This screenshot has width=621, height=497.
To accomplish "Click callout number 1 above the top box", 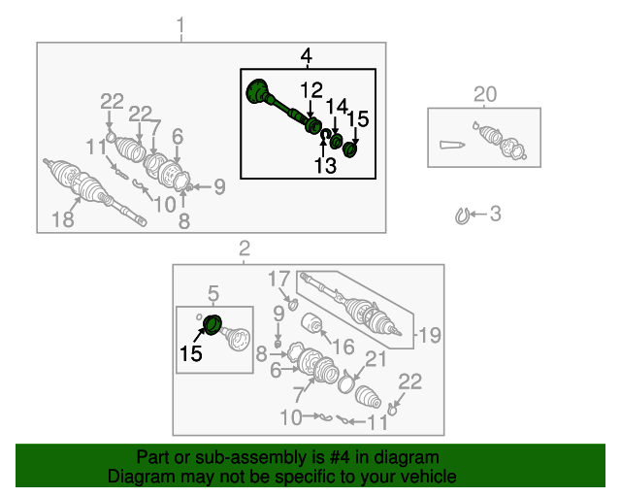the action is coord(180,25).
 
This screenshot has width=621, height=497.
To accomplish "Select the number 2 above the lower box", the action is coord(245,248).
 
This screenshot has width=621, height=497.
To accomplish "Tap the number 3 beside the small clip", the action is coord(496,214).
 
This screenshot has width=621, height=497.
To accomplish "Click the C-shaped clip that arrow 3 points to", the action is coord(462,216).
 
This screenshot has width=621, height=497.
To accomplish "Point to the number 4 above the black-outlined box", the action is coord(306,56).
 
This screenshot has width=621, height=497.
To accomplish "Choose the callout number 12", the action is coord(311,90).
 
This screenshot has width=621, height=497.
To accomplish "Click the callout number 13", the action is coord(325,165).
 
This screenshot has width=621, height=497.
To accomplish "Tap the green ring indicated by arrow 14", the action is coord(337,142).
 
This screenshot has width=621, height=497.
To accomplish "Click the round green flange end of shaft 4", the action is coord(256,91).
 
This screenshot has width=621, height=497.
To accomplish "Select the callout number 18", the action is coord(63,219).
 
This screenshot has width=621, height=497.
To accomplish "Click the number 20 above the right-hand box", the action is coord(485,95).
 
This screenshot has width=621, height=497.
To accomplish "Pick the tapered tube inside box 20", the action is coord(452,145).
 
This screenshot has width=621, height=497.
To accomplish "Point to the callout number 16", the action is coord(343,347).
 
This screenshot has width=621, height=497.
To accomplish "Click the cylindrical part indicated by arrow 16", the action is coord(313,324).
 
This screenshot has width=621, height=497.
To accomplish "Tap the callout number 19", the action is coord(429,335).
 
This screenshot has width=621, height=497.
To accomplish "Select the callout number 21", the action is coord(376,359).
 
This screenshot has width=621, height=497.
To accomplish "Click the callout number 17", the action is coord(279,279).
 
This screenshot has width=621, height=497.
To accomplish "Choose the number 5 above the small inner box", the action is coord(213,294).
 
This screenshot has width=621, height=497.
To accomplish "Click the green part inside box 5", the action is coord(212,325).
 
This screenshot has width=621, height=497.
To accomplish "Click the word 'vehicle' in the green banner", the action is coord(431,476).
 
